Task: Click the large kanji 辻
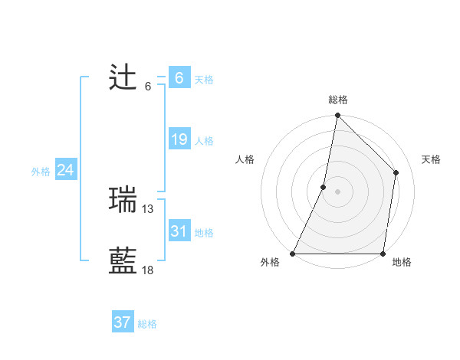(x=123, y=78)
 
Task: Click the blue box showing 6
(x=179, y=78)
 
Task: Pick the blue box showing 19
(x=179, y=139)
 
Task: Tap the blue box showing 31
(x=179, y=231)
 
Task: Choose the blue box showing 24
(x=65, y=170)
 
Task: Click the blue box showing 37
(x=122, y=322)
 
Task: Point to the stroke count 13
(x=148, y=208)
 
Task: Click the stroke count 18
(x=148, y=270)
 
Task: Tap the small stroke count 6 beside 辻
(x=148, y=86)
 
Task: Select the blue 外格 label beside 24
(x=41, y=172)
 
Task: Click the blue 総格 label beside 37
(x=147, y=324)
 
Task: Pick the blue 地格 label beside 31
(x=204, y=233)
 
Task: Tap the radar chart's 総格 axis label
(x=337, y=100)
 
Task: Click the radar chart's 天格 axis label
(x=431, y=159)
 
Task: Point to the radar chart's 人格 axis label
(x=245, y=159)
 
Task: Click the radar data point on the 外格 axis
(x=293, y=254)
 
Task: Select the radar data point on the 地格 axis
(x=383, y=254)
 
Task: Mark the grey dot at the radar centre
(x=337, y=191)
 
